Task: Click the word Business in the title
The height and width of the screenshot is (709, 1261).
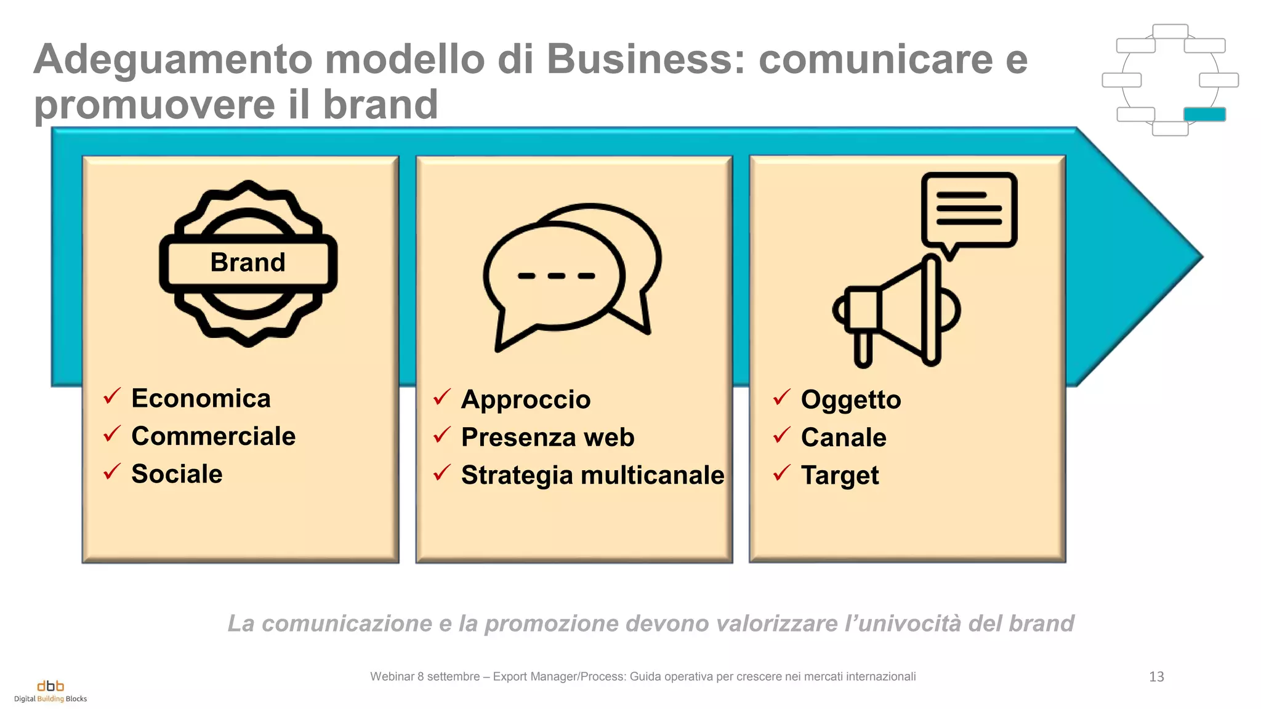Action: [x=645, y=59]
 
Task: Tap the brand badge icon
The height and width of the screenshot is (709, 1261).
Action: [x=248, y=263]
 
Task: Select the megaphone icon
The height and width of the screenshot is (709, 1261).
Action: [x=896, y=311]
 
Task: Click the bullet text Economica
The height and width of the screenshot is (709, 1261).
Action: [x=201, y=398]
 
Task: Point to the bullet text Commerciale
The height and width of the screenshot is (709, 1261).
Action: [x=213, y=436]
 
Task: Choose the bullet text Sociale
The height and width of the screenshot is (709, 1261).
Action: [x=177, y=474]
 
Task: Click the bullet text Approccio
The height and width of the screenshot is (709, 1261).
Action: [x=526, y=399]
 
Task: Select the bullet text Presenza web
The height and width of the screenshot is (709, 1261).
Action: [x=547, y=438]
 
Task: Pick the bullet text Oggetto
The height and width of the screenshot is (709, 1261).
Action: [x=851, y=400]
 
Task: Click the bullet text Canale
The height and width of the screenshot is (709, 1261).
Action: [x=844, y=438]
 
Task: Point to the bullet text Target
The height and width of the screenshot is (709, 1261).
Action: [x=840, y=476]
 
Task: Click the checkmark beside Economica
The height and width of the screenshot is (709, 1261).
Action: [x=112, y=396]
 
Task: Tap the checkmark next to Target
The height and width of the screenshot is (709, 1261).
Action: [x=781, y=473]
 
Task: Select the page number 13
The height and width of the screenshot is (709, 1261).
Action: [x=1156, y=677]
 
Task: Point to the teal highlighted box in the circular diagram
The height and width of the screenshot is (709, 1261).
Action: [x=1204, y=114]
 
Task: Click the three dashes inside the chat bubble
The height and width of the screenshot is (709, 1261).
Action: [x=556, y=276]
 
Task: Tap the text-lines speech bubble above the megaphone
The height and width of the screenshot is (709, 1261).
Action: [x=969, y=210]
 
